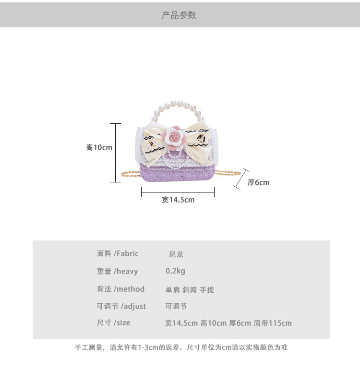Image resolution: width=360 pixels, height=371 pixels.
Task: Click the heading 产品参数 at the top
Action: coord(179,15)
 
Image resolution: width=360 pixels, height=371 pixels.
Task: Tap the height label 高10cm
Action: coord(99,147)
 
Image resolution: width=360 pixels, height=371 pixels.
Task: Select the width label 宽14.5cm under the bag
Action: coord(178,200)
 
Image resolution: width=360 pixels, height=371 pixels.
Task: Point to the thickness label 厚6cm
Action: coord(258,182)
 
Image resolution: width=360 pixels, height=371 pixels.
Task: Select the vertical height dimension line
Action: coord(115,153)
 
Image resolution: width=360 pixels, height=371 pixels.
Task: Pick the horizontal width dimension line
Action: coord(178,192)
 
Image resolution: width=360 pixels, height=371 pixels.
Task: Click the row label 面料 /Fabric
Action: coord(118,253)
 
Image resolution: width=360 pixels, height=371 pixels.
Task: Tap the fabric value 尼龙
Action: coord(176,254)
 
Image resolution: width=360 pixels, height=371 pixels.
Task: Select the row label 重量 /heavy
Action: coord(117,271)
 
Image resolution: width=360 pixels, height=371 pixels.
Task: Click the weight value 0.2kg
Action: coord(175,271)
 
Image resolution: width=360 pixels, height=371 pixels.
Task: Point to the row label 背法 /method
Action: coord(120,289)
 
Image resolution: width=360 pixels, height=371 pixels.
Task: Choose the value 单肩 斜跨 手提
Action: coord(190,290)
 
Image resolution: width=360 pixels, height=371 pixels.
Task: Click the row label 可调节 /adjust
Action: coord(121,306)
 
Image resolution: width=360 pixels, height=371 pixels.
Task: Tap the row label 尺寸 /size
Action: coord(113,323)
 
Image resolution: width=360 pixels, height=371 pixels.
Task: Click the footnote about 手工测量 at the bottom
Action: coord(181,347)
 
